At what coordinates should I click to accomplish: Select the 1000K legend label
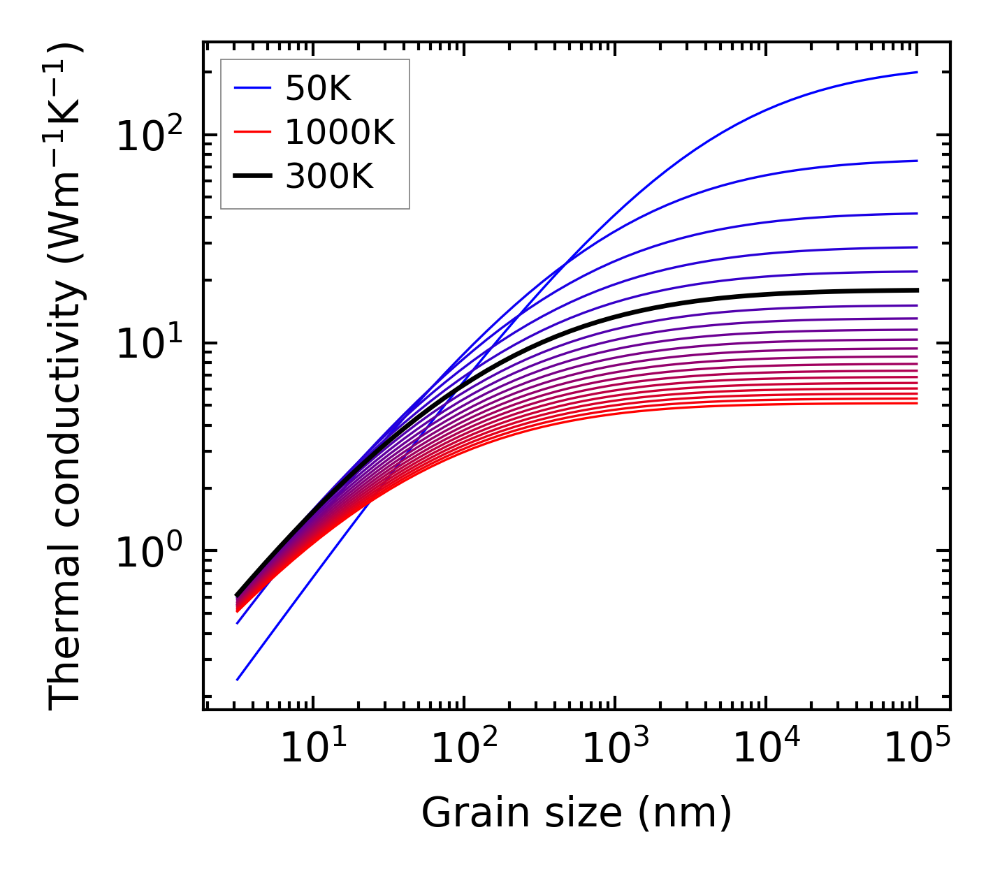(x=340, y=132)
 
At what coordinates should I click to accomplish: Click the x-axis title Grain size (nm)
(x=577, y=813)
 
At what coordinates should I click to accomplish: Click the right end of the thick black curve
(x=917, y=290)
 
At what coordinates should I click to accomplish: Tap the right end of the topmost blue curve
(x=917, y=72)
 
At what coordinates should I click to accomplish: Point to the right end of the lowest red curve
(x=917, y=403)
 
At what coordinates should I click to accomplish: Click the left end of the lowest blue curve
(x=238, y=680)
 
